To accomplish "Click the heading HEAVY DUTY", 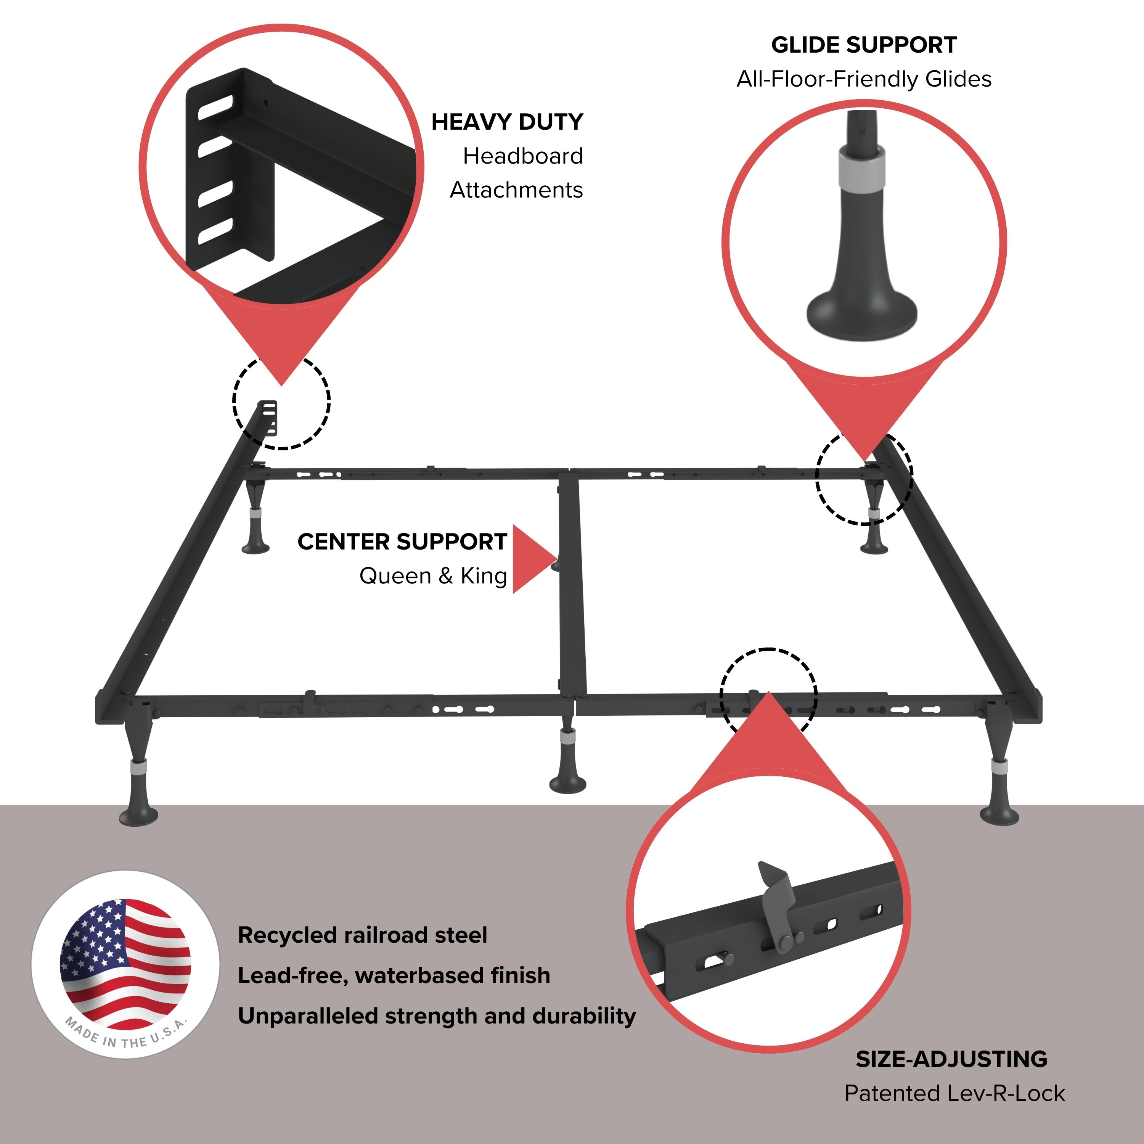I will (x=507, y=122).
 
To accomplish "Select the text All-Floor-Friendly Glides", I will (x=863, y=79).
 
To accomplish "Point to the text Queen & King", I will (x=433, y=575).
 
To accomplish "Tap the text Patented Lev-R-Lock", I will (x=954, y=1093).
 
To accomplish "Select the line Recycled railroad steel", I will (x=362, y=935).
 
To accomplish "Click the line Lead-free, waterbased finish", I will (x=394, y=975).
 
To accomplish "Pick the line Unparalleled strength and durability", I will (x=436, y=1015).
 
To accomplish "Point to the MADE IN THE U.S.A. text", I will (x=125, y=1035).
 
